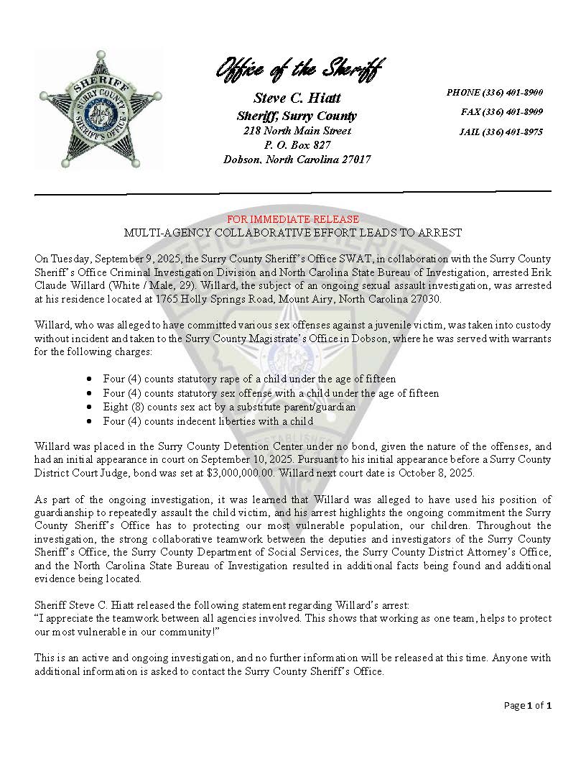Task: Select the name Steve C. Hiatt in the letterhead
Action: pos(297,98)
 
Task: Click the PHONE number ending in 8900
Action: pos(494,93)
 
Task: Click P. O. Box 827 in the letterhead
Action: pos(297,145)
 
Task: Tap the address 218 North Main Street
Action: pos(297,131)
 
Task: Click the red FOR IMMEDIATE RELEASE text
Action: pos(293,219)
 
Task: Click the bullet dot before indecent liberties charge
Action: pos(88,421)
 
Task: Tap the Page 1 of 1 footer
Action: pos(527,706)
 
